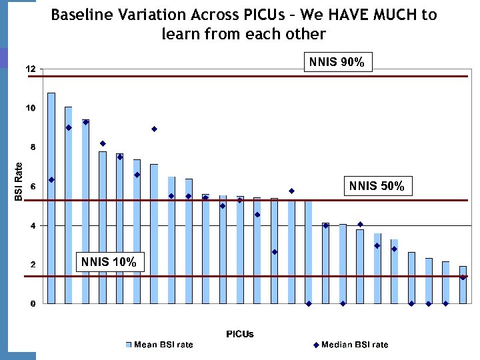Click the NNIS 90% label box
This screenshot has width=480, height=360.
[x=337, y=63]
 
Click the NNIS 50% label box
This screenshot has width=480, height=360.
[x=377, y=186]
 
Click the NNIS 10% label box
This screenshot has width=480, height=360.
[x=109, y=262]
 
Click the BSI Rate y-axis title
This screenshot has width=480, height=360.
[x=19, y=181]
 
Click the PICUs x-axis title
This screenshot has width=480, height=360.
[x=240, y=333]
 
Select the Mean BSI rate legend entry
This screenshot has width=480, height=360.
[x=160, y=345]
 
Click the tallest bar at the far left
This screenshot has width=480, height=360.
[x=51, y=200]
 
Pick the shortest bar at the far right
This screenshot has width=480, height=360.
[x=463, y=285]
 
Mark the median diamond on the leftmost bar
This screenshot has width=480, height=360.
[x=51, y=179]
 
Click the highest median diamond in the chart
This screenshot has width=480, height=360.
[x=86, y=122]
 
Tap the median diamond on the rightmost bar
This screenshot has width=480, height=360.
[x=463, y=277]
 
